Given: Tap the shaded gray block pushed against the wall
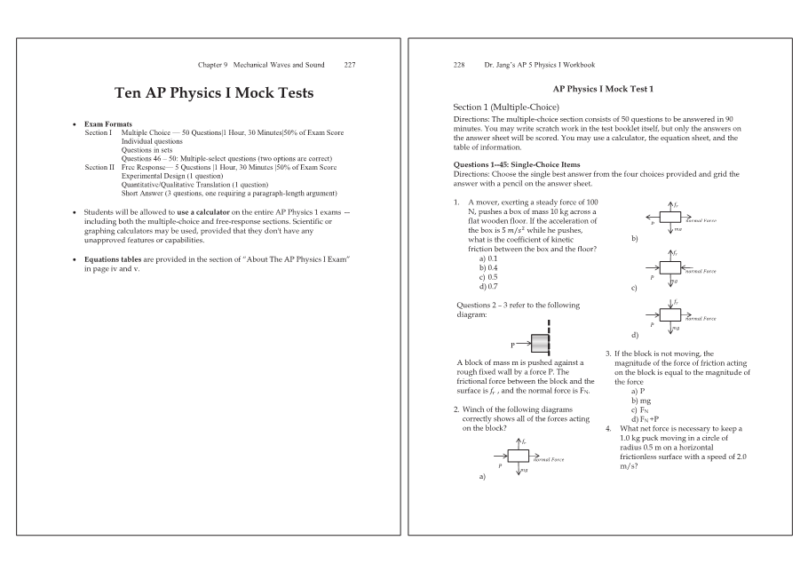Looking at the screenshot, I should [x=541, y=344].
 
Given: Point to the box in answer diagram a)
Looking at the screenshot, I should [x=518, y=456].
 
